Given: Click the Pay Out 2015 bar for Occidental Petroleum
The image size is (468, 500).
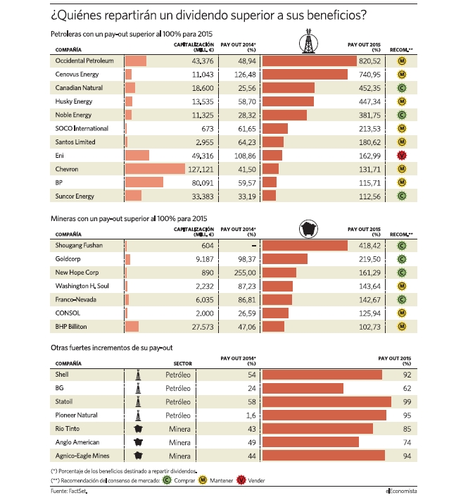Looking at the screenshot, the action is [x=310, y=61].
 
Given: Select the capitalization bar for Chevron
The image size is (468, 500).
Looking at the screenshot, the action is [x=155, y=169].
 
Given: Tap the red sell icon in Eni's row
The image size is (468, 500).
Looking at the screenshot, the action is [x=402, y=156].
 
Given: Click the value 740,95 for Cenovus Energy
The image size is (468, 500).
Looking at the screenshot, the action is [x=369, y=75].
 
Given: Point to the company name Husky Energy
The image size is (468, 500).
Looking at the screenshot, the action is [x=74, y=101].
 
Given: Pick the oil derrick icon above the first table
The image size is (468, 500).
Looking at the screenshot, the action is [x=308, y=41].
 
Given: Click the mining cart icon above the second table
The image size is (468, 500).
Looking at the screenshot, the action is [x=308, y=229].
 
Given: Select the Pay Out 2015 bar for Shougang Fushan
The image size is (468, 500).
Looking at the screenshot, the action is [x=305, y=246].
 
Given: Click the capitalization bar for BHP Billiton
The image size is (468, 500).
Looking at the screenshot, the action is [x=132, y=327].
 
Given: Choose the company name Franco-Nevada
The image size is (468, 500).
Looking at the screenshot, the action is [x=75, y=299].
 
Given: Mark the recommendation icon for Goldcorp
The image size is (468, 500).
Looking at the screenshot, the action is [x=402, y=259].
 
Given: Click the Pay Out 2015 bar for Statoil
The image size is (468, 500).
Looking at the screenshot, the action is [x=327, y=402].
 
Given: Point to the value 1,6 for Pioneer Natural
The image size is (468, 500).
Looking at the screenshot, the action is [x=251, y=415].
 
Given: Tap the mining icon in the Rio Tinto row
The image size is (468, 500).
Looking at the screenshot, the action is [x=138, y=429].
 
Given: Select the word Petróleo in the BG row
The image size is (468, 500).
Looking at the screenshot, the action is [x=178, y=389].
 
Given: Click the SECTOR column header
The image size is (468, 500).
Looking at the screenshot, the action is [x=182, y=363].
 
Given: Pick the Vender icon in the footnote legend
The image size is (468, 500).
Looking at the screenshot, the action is [x=241, y=480].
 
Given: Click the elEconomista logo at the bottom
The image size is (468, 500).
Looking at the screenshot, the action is [x=401, y=491].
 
